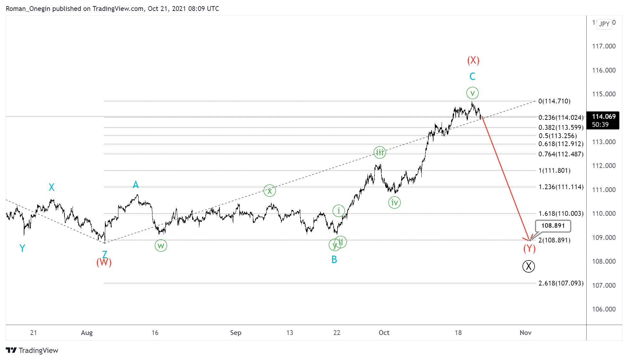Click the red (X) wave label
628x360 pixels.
point(473,60)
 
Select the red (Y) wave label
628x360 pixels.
point(529,248)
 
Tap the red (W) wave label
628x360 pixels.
point(104,262)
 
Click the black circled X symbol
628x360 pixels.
point(529,266)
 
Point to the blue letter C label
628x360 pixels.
point(472,76)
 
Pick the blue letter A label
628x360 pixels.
point(136,185)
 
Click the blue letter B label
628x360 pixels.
point(334,259)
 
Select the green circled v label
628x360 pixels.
point(472,93)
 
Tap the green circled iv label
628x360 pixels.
point(394,203)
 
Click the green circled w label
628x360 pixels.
point(161,246)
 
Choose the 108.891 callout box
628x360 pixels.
point(553,226)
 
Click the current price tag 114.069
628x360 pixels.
point(603,120)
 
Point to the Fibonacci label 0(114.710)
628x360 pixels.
point(554,101)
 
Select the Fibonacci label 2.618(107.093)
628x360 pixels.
point(561,283)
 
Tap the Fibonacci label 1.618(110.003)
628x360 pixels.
point(561,214)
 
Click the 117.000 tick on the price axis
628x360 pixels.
point(604,46)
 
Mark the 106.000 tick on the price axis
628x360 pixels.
point(604,309)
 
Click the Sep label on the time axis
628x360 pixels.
point(236,333)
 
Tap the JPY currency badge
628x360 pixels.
point(604,24)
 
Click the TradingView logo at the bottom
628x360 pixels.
point(32,350)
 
